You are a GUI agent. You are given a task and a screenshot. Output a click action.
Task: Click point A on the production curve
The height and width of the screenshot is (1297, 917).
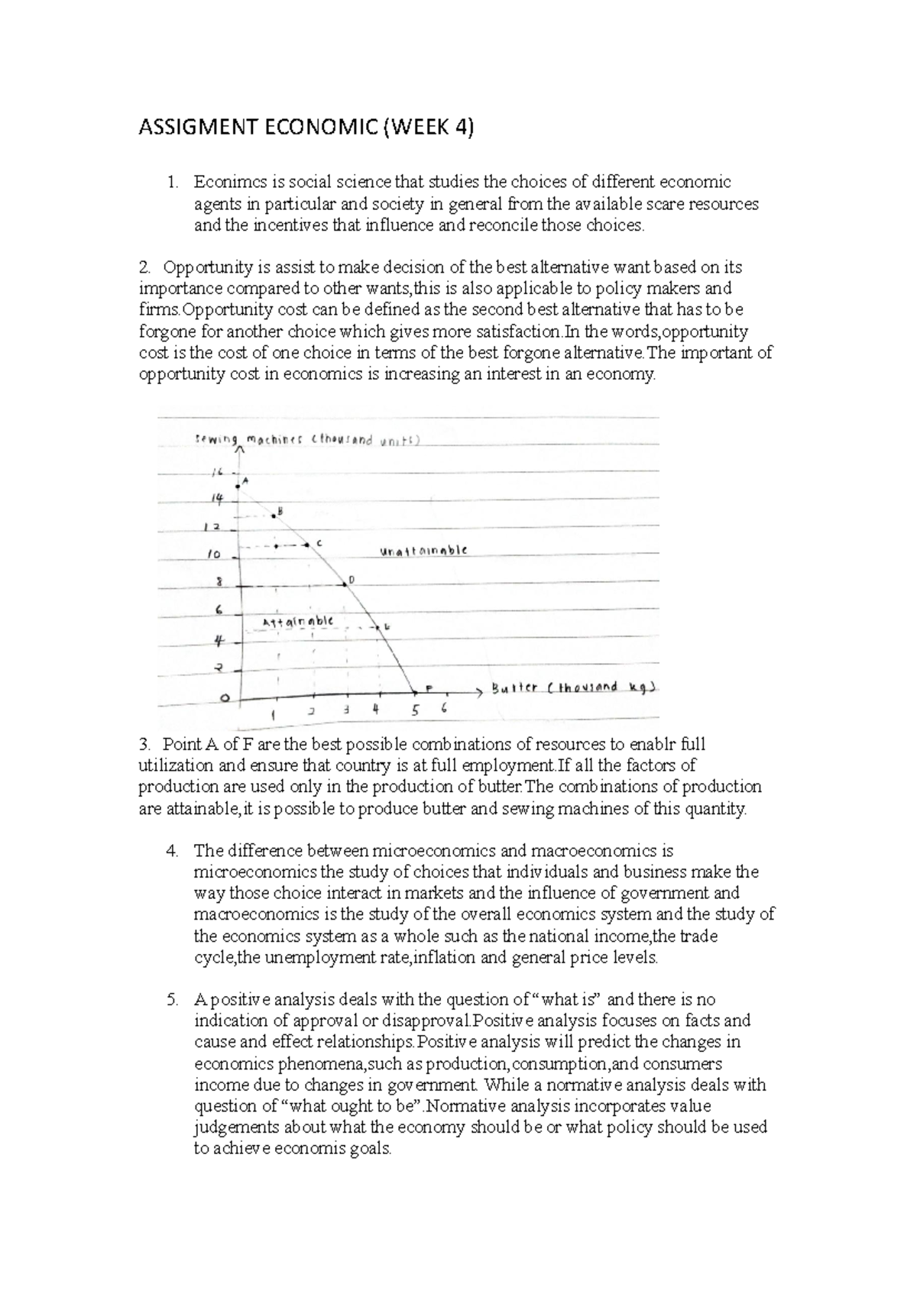pos(238,484)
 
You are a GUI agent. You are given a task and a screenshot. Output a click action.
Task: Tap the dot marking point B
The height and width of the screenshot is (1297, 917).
pos(273,517)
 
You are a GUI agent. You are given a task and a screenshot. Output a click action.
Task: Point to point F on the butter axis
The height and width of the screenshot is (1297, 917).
pos(416,692)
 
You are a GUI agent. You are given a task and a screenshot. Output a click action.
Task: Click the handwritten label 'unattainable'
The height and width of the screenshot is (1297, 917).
pos(423,551)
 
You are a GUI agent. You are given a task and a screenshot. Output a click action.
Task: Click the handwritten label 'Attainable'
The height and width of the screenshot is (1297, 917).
pos(297,622)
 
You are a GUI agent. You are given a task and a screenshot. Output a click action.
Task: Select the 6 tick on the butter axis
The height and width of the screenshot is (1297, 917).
pos(443,708)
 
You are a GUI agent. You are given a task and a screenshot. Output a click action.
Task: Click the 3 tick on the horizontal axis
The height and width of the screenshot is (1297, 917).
pos(346,709)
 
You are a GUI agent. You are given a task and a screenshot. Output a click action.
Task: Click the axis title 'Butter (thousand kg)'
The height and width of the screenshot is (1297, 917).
pos(573,687)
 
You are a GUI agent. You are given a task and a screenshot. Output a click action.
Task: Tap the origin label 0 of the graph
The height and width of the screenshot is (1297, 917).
pos(224,698)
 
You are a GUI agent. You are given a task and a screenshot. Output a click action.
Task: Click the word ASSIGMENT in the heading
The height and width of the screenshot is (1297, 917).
pos(196,128)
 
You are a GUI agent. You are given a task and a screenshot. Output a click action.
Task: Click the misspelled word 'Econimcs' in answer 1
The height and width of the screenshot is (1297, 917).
pos(227,183)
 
